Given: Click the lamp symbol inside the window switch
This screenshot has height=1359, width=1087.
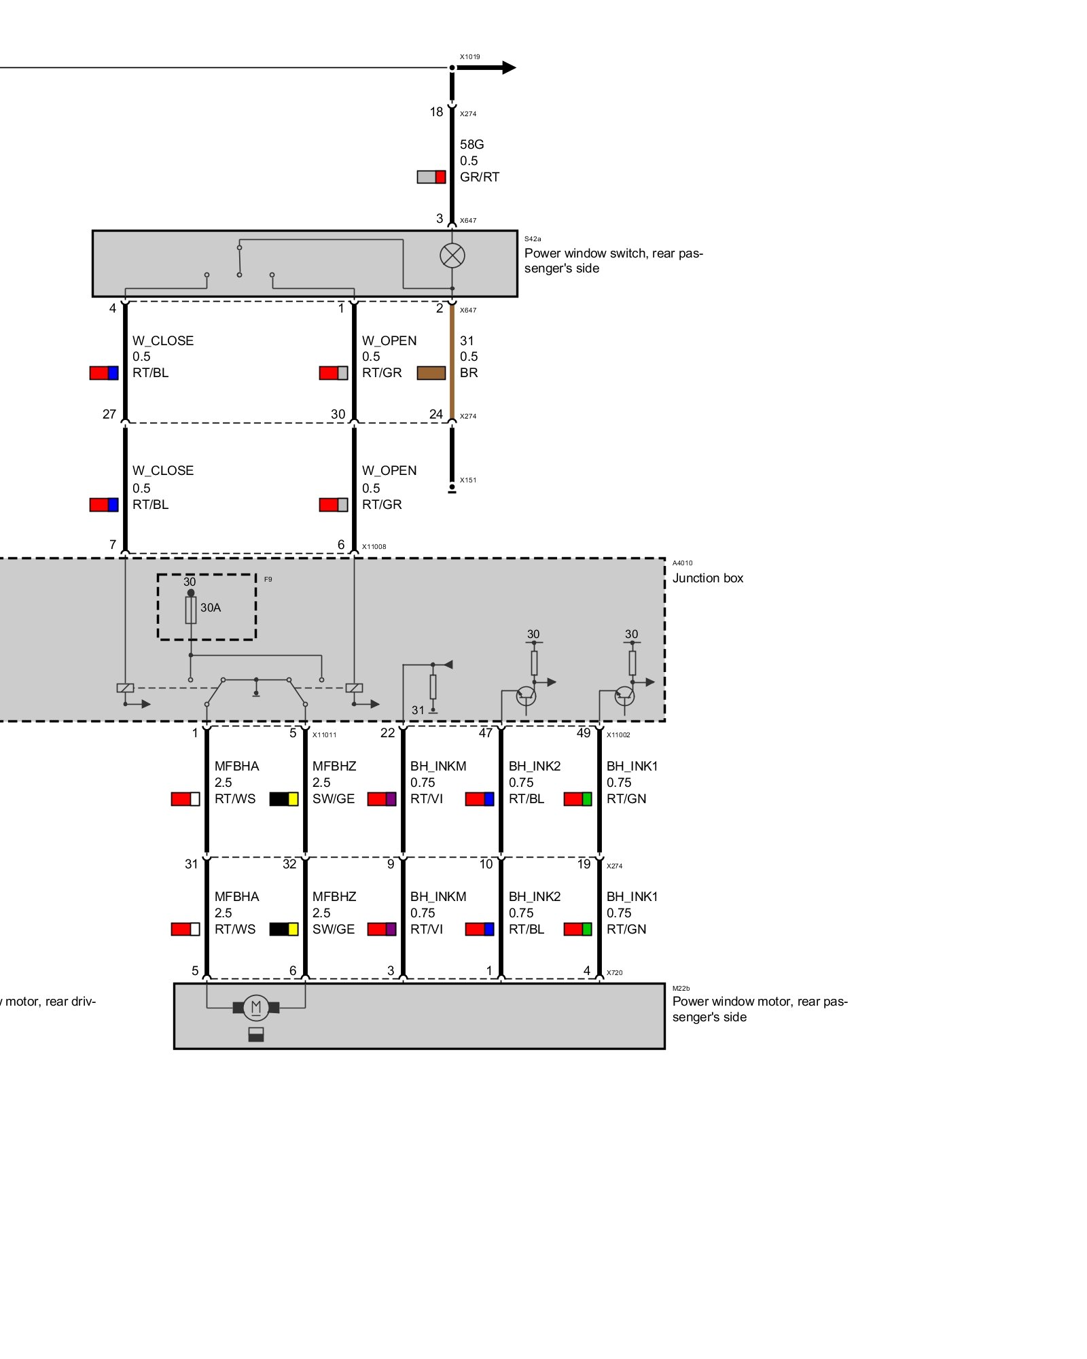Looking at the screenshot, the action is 452,255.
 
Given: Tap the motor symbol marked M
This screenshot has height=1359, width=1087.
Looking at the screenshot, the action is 256,1007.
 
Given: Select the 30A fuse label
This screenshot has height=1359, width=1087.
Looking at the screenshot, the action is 211,607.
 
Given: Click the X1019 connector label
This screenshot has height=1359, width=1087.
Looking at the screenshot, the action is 469,57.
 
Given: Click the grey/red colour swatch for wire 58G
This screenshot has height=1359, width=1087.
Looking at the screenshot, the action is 431,177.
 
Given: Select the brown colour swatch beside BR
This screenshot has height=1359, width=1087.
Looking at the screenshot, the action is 431,373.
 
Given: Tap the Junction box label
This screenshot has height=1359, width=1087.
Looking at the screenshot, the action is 708,578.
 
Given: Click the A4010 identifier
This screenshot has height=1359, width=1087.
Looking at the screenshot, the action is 683,563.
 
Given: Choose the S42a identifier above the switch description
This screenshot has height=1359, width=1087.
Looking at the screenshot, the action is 533,239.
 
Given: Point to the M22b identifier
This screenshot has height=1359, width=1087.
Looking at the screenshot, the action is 681,988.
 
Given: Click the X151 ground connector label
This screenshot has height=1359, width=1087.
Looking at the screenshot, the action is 468,480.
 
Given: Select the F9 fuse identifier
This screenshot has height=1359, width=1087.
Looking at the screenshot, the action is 268,580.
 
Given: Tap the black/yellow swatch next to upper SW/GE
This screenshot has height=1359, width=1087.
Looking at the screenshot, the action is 284,799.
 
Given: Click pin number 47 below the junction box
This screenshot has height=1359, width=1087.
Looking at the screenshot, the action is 486,733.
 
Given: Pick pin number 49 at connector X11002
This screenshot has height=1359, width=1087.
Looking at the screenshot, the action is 584,733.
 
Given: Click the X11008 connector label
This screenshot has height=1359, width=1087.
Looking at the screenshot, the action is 374,546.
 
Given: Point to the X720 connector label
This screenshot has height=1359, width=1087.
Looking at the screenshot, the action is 614,973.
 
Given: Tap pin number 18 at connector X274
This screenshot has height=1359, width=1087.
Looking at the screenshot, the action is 436,112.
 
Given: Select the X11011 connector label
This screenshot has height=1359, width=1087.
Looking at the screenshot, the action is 324,735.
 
